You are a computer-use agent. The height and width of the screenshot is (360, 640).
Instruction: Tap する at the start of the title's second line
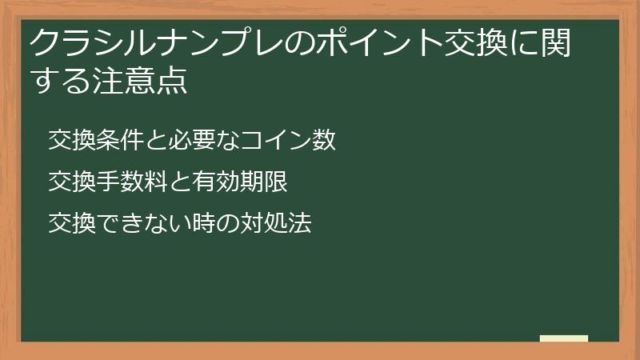(58, 81)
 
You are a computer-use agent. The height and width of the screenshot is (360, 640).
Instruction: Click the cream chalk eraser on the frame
(564, 338)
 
